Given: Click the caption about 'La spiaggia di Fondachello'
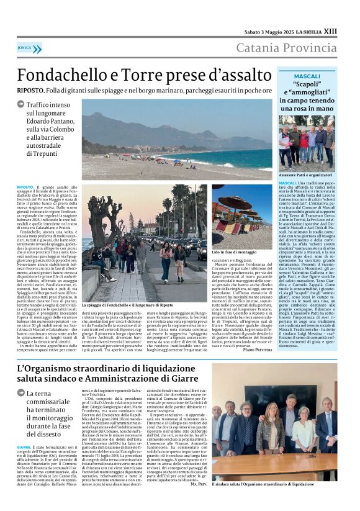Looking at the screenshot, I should tap(127, 305).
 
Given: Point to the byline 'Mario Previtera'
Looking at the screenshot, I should tap(256, 349).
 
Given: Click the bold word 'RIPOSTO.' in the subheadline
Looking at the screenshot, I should tap(30, 91).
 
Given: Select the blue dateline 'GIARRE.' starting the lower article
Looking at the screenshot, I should tap(24, 446).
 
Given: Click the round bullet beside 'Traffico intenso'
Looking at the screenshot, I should tap(21, 106).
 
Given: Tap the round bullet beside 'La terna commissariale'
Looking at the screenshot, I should tap(21, 394).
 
